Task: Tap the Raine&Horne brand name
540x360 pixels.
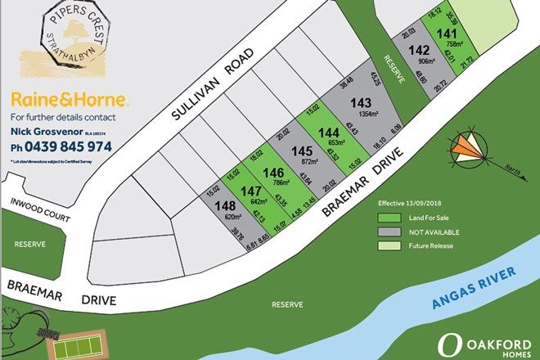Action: pyautogui.click(x=69, y=100)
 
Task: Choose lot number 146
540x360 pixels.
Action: pyautogui.click(x=275, y=171)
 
